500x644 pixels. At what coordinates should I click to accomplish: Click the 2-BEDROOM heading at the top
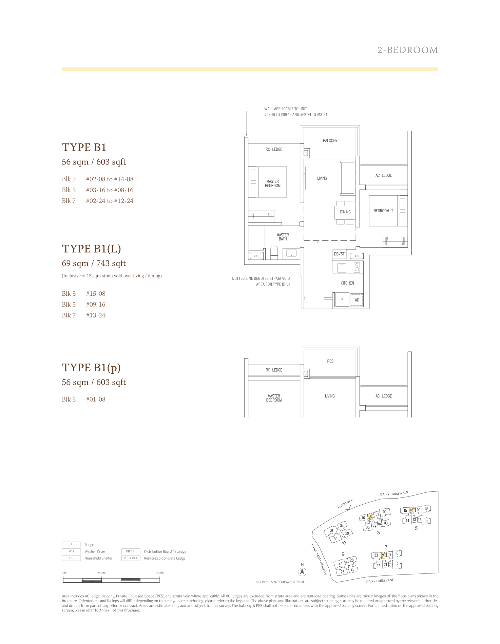(x=408, y=50)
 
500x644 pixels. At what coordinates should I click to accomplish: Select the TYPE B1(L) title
(x=91, y=249)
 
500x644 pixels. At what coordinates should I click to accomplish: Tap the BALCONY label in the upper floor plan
(x=330, y=140)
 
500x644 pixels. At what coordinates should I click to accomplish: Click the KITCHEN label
(x=347, y=283)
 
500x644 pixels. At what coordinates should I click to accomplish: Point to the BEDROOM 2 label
(x=383, y=211)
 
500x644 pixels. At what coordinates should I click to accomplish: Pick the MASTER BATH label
(x=283, y=237)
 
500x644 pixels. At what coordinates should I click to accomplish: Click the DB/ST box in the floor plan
(x=339, y=254)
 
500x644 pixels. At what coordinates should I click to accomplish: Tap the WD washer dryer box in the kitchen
(x=357, y=300)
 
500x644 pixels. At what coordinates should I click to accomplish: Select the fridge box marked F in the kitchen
(x=342, y=300)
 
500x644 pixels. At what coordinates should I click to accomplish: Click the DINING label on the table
(x=345, y=212)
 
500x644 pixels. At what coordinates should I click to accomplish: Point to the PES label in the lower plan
(x=330, y=361)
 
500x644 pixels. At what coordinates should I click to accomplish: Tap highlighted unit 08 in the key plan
(x=370, y=516)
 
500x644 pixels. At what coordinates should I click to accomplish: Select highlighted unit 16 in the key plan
(x=411, y=510)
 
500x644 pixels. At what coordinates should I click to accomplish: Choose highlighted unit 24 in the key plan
(x=383, y=555)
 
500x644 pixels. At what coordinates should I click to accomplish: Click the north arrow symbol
(x=302, y=571)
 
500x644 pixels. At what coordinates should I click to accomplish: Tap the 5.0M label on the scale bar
(x=160, y=573)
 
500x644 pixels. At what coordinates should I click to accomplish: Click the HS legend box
(x=71, y=558)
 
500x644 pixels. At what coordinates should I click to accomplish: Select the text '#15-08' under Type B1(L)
(x=96, y=294)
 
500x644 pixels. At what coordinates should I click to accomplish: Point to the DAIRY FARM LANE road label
(x=380, y=581)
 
